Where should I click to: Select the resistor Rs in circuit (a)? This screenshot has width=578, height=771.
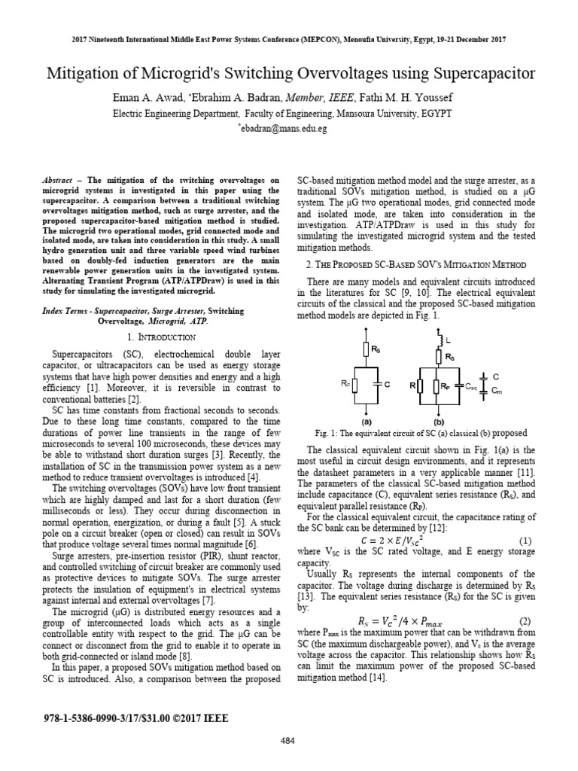[367, 349]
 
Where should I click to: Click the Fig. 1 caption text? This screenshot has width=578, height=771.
[421, 433]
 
